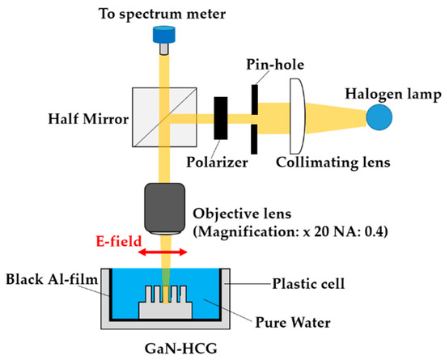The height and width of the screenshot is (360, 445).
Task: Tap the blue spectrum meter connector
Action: point(163,37)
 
